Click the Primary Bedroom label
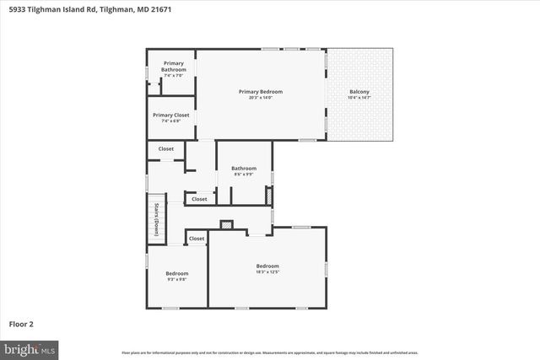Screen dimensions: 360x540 (260, 91)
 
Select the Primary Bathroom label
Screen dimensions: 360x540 (173, 67)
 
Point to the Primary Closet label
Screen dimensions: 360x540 (171, 115)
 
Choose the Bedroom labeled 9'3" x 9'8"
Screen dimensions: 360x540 (177, 276)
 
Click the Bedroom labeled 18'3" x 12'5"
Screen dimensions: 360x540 (267, 268)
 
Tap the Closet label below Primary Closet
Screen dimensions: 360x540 (166, 148)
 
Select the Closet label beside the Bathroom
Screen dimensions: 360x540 (199, 199)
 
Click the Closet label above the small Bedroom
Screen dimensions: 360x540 (197, 239)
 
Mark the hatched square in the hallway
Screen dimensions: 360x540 (225, 224)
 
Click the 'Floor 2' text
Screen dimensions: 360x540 (21, 323)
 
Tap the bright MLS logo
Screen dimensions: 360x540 (30, 347)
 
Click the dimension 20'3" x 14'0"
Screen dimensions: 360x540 (260, 98)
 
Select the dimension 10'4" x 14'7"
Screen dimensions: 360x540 (359, 98)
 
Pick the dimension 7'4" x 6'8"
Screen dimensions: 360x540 (171, 121)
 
